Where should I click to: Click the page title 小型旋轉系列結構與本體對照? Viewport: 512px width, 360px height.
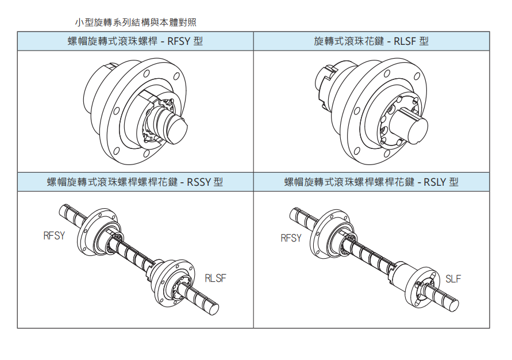click(136, 22)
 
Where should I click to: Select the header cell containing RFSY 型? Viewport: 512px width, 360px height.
click(135, 41)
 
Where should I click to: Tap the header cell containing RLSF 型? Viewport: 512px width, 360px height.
click(371, 41)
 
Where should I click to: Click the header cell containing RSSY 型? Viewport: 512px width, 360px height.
click(135, 182)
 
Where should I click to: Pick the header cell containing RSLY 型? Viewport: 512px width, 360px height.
click(371, 182)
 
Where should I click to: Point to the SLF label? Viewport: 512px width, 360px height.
click(453, 279)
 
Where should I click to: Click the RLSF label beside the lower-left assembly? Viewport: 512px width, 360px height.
click(215, 278)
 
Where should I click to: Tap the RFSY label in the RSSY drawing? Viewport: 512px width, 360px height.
click(54, 235)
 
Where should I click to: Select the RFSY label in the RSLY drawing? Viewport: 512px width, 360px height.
click(291, 238)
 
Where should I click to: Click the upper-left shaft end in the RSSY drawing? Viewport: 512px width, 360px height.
click(63, 211)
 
